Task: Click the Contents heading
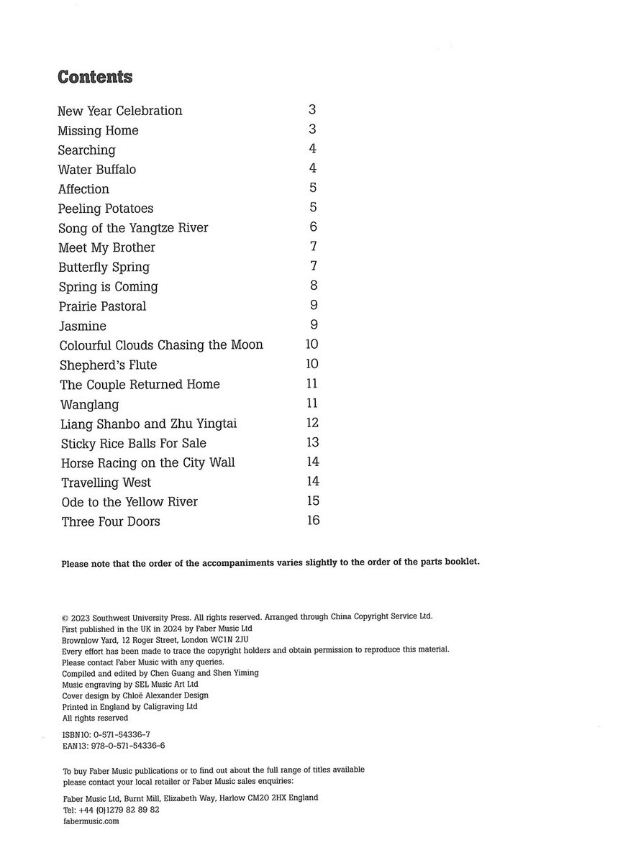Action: pos(95,77)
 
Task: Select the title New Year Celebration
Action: pos(119,111)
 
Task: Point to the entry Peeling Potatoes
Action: pos(106,209)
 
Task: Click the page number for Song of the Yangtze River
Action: pos(313,227)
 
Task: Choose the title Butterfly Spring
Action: pos(104,267)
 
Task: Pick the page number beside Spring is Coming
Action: pos(313,286)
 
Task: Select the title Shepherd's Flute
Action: pos(108,365)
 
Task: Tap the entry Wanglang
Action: pos(90,404)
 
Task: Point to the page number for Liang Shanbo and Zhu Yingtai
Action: pos(312,423)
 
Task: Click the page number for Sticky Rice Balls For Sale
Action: pos(312,442)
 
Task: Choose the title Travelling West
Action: pos(106,483)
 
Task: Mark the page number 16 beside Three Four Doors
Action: pos(312,520)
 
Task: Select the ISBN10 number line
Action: pos(106,734)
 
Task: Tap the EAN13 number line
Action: pos(114,746)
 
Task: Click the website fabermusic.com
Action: pos(91,821)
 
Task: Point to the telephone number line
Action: pos(111,809)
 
